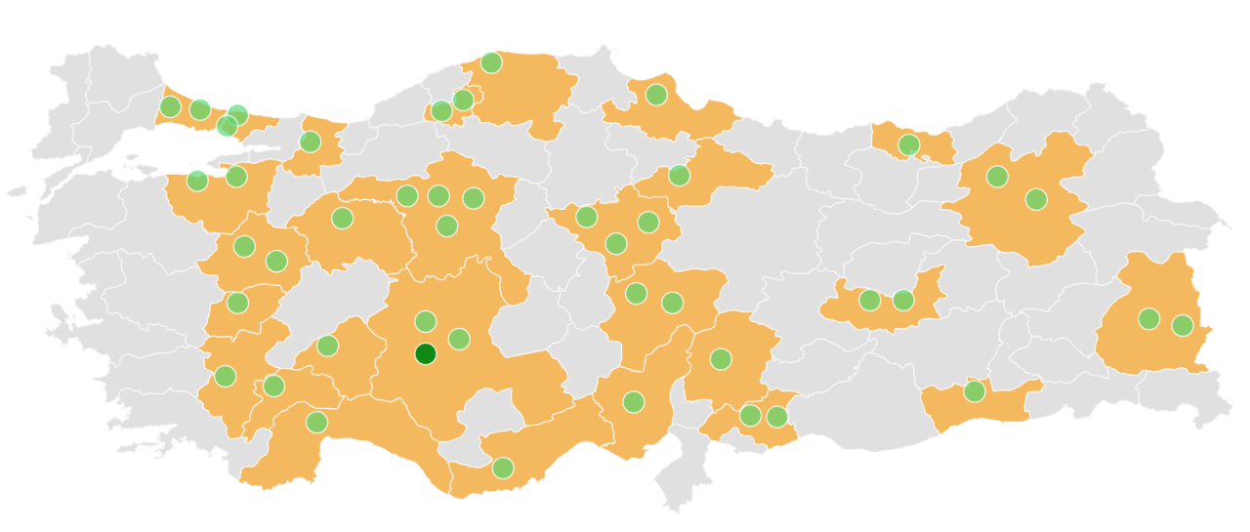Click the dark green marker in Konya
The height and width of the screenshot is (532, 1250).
click(x=425, y=353)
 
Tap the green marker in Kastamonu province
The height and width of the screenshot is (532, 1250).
click(x=491, y=62)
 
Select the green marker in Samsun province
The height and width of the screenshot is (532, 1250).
click(x=656, y=95)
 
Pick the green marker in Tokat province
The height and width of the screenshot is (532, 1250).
click(x=679, y=176)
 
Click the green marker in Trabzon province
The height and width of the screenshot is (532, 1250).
click(x=908, y=144)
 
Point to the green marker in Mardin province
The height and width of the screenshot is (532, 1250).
click(x=974, y=391)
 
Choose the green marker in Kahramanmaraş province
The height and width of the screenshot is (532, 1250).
click(x=721, y=359)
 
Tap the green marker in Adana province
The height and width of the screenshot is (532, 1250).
click(x=634, y=401)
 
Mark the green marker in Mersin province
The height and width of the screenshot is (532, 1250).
click(x=503, y=468)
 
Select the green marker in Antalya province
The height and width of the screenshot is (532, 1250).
click(x=316, y=422)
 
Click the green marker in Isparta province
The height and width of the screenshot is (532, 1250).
click(x=327, y=346)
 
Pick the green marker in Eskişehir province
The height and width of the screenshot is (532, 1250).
click(x=342, y=218)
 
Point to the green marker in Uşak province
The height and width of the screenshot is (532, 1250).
click(x=237, y=303)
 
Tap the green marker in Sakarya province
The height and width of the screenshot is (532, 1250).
click(x=310, y=142)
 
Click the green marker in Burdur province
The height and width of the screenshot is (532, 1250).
click(x=273, y=386)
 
